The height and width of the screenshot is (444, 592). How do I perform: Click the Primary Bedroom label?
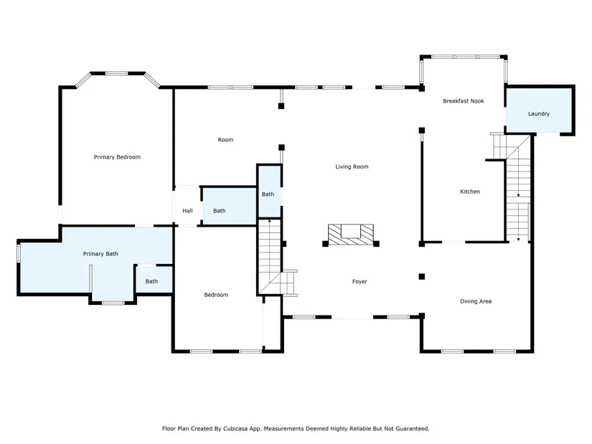(x=117, y=157)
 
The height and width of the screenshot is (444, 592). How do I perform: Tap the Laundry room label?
(x=539, y=113)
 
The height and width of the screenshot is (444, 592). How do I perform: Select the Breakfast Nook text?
(x=464, y=101)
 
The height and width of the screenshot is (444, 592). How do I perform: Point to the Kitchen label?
(x=470, y=192)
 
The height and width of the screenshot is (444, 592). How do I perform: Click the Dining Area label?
(x=476, y=301)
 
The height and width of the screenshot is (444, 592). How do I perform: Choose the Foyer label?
(x=360, y=281)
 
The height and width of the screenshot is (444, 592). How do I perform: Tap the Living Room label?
(x=352, y=166)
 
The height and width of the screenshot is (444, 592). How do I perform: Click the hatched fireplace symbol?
(x=351, y=234)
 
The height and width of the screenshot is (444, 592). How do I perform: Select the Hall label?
(x=187, y=211)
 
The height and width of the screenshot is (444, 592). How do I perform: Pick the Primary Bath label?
(x=100, y=254)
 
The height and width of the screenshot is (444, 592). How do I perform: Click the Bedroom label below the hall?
(x=216, y=295)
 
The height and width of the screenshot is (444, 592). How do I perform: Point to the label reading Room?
(x=225, y=140)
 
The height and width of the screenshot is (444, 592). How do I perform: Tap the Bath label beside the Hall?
(x=220, y=211)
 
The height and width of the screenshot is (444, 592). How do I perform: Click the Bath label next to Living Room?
(x=268, y=194)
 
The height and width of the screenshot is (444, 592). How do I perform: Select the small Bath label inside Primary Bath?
(x=151, y=281)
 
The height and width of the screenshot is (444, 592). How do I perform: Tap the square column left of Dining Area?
(x=422, y=276)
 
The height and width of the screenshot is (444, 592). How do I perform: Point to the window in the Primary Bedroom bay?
(x=116, y=73)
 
